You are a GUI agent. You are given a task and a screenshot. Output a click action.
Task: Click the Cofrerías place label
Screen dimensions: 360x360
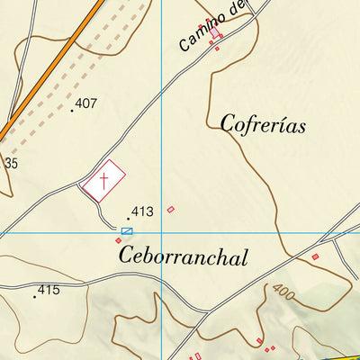[263, 123]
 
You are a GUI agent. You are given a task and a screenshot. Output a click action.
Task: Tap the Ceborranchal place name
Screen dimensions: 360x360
[183, 257]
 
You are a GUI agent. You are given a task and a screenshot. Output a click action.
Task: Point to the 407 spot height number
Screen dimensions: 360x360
[86, 103]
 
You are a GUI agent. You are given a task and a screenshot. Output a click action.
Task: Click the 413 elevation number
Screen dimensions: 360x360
[142, 212]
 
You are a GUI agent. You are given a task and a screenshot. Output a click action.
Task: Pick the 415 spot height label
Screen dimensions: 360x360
[48, 291]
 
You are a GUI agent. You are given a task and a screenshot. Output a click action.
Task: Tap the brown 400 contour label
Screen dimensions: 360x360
[282, 294]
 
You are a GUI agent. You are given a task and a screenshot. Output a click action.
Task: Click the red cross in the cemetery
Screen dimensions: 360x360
[103, 183]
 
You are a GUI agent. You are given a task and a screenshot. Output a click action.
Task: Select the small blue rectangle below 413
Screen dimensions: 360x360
[127, 231]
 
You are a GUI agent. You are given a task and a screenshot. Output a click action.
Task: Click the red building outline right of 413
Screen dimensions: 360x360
[170, 210]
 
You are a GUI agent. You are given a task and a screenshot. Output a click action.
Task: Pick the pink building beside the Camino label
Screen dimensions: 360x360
[216, 33]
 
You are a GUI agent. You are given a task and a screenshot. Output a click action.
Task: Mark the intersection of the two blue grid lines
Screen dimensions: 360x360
[161, 233]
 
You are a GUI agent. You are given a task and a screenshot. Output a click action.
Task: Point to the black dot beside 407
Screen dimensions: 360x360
[72, 111]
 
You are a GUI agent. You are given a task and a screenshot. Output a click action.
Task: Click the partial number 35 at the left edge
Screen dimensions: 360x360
[10, 163]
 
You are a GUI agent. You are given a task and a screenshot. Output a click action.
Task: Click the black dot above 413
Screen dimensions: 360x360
[129, 218]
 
